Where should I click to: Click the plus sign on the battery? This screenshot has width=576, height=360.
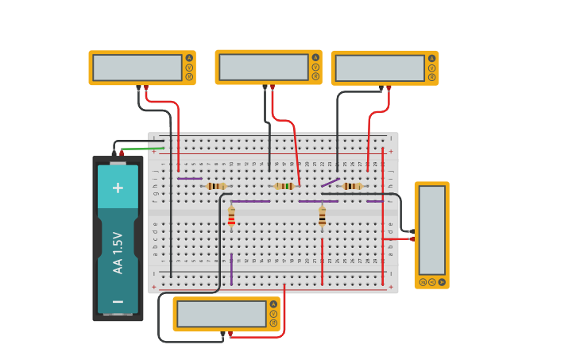click(x=118, y=188)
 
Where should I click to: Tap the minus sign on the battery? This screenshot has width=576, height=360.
click(x=118, y=301)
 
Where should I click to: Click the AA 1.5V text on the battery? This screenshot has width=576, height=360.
click(x=118, y=253)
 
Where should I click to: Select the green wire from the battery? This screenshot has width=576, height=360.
click(x=143, y=148)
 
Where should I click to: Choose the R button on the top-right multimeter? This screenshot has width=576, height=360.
click(x=432, y=77)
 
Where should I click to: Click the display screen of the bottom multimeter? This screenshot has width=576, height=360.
click(x=222, y=313)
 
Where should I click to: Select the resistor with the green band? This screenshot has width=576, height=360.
click(x=284, y=186)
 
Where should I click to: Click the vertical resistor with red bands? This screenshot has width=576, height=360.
click(x=231, y=215)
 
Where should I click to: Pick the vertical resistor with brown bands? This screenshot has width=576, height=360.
click(x=322, y=215)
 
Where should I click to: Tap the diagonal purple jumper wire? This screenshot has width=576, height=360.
click(x=330, y=182)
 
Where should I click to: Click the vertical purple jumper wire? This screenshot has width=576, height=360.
click(x=231, y=269)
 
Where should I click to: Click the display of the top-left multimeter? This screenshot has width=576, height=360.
click(x=137, y=68)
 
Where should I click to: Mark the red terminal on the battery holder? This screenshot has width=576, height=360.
click(x=122, y=153)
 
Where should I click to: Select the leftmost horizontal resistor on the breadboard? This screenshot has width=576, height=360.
click(x=215, y=186)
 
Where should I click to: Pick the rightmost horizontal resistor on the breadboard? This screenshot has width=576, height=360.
click(x=352, y=186)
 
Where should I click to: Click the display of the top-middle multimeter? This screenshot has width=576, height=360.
click(x=263, y=67)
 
